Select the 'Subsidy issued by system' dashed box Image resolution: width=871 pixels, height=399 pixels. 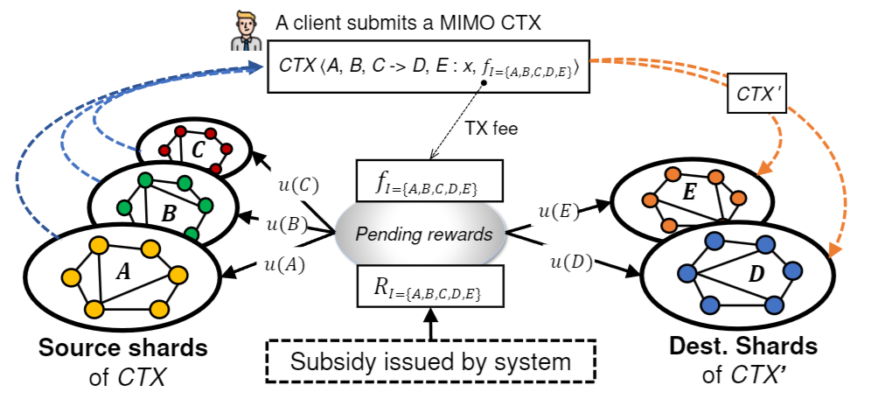[429, 360]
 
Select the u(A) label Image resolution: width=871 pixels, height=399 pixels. [284, 263]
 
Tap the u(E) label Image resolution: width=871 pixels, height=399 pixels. [557, 210]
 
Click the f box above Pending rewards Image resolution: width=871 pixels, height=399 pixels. [429, 182]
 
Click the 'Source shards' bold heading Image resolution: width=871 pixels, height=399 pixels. [123, 347]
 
